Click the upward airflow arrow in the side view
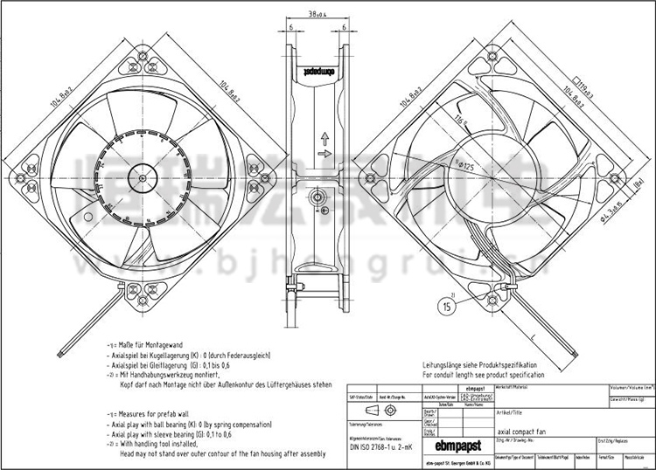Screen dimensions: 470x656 click(325, 137)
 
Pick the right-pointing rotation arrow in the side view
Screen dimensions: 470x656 click(325, 155)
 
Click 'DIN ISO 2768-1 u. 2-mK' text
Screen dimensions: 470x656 click(380, 453)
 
